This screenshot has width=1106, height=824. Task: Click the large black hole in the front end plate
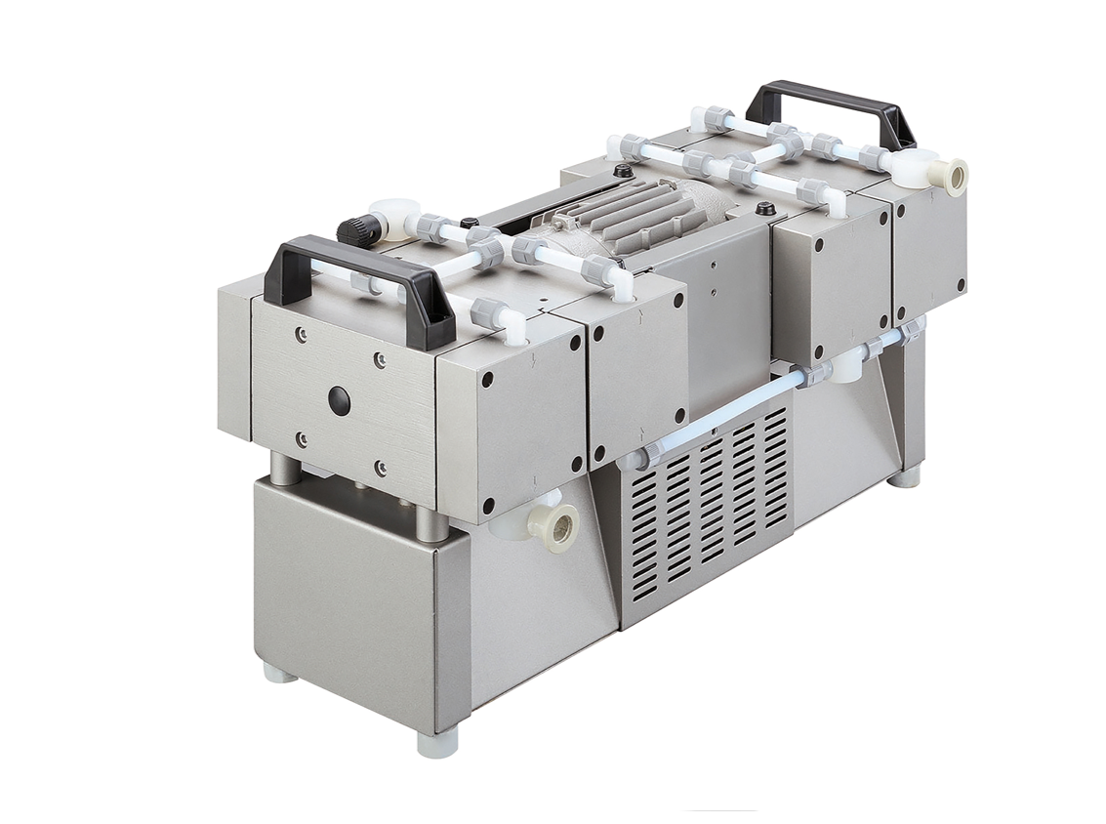click(339, 399)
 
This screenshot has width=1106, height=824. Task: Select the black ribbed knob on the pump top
click(352, 230)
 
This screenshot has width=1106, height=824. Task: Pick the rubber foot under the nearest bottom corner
click(436, 741)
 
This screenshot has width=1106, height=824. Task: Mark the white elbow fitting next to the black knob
click(395, 216)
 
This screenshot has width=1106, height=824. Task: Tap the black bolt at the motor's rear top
click(766, 208)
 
